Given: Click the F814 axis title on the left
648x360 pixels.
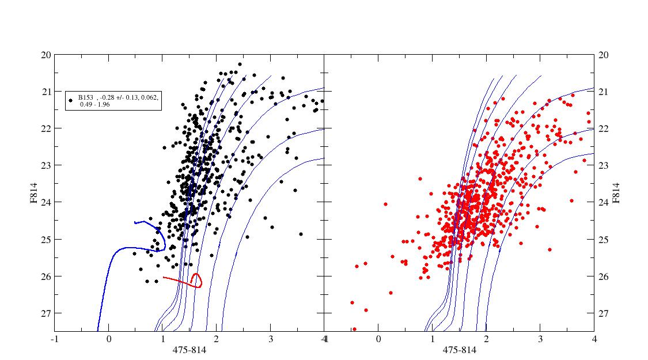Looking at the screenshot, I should tap(34, 193).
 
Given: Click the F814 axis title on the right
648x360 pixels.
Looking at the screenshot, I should tap(616, 193).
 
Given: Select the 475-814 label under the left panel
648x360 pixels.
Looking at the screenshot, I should tap(190, 350).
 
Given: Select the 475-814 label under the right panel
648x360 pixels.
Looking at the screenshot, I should tap(459, 350).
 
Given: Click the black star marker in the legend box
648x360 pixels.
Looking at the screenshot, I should tap(71, 100).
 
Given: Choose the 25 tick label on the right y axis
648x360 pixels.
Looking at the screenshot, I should tap(604, 239).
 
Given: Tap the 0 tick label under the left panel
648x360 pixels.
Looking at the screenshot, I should tap(109, 339).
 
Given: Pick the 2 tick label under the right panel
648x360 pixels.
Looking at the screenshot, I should tap(486, 339).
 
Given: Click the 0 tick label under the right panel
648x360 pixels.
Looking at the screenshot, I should tap(378, 339).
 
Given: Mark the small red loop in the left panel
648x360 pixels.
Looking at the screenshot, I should tap(196, 280).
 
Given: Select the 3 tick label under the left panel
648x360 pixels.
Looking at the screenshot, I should tap(270, 339).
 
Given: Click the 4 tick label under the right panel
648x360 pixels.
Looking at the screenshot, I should tap(594, 339).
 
